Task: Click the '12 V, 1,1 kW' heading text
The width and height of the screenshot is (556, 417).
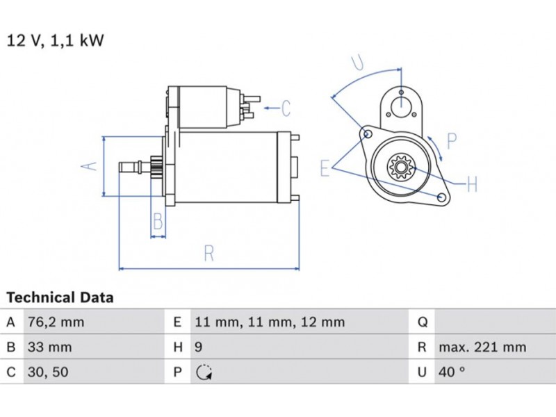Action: [56, 40]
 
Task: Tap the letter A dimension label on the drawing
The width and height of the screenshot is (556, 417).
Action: [88, 166]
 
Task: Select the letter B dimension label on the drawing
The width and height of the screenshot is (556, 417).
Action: [158, 222]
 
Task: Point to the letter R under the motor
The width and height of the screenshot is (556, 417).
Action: [208, 254]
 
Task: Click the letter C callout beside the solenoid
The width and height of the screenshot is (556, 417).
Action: [285, 108]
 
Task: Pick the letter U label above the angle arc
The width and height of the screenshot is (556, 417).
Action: [358, 63]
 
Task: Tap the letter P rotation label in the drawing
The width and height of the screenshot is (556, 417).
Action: [451, 142]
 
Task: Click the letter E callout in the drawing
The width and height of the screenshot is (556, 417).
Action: [325, 167]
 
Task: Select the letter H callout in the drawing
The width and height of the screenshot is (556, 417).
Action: [472, 184]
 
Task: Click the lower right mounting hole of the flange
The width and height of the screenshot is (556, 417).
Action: [441, 199]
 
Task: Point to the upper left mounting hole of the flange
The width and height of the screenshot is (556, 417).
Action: [368, 133]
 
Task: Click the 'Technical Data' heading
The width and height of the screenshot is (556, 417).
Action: [60, 297]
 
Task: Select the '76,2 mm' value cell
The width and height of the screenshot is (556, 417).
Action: [56, 322]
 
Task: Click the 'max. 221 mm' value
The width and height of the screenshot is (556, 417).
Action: [482, 347]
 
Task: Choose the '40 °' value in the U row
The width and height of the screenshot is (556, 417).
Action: [452, 372]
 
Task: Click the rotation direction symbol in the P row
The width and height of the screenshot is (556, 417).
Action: [202, 373]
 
